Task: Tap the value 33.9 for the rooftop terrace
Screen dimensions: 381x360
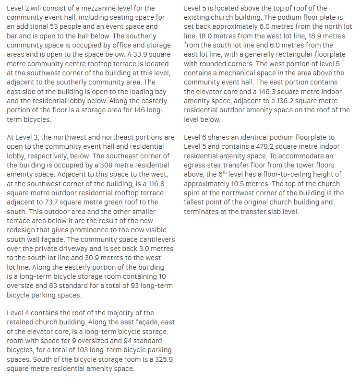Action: [x=140, y=54]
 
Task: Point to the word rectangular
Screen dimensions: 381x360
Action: [x=282, y=54]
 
